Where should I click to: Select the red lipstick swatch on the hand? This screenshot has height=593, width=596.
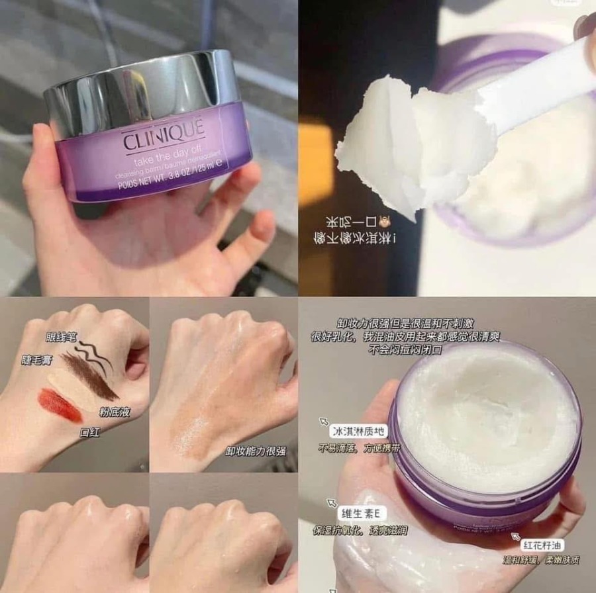(x=59, y=405)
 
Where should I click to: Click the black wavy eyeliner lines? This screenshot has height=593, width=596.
(x=93, y=353)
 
